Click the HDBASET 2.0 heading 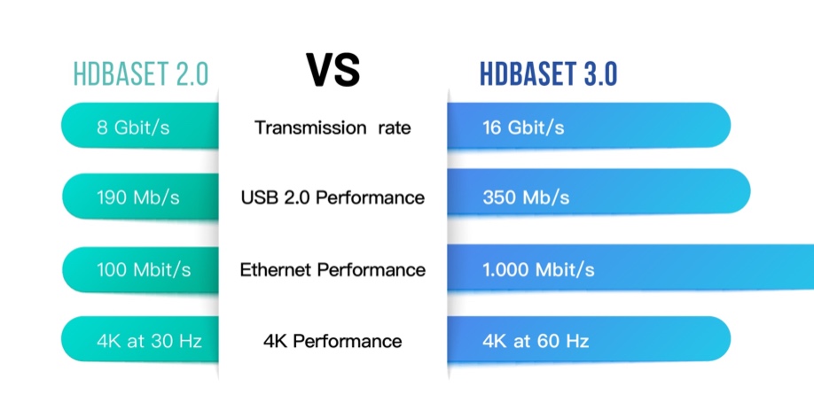point(141,74)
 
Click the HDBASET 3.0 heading point(548,74)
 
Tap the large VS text point(333,70)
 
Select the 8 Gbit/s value point(133,128)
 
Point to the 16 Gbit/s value point(523,128)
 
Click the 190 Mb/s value point(138,197)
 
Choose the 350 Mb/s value point(526,197)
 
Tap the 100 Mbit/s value point(144,270)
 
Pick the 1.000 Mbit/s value point(538,270)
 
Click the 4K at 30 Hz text point(149,341)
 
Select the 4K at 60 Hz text point(536,341)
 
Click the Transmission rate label point(333,128)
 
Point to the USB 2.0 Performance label point(333,197)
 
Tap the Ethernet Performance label point(333,270)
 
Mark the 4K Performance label point(333,341)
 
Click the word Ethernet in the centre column point(276,270)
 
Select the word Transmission point(310,128)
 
